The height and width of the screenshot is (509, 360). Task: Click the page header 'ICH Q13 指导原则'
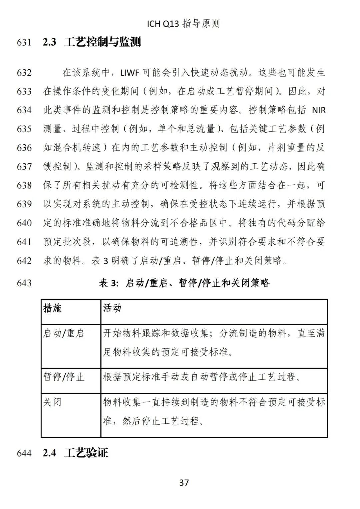[183, 24]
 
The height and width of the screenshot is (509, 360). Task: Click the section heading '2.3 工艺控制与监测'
[92, 42]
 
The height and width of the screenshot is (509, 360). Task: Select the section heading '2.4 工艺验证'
[75, 453]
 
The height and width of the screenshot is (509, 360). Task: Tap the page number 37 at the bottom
[184, 482]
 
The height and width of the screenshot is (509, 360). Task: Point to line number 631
[24, 43]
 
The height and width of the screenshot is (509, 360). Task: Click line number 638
[24, 185]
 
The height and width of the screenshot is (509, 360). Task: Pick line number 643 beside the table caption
[24, 283]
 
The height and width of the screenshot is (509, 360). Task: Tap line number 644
[24, 453]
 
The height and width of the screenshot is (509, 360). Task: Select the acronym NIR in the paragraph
[318, 110]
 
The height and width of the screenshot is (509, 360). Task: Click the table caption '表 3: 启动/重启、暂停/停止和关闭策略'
[184, 283]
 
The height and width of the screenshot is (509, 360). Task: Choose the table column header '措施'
[52, 308]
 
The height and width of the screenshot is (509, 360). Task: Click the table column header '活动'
[112, 308]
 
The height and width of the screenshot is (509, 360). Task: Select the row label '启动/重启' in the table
[63, 333]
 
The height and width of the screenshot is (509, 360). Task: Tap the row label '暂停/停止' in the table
[63, 377]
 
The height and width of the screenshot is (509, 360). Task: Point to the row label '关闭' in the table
[52, 402]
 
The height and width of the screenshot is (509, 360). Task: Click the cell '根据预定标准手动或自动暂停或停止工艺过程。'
[202, 377]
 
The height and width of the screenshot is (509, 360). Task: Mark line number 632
[24, 73]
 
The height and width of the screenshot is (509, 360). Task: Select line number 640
[24, 223]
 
